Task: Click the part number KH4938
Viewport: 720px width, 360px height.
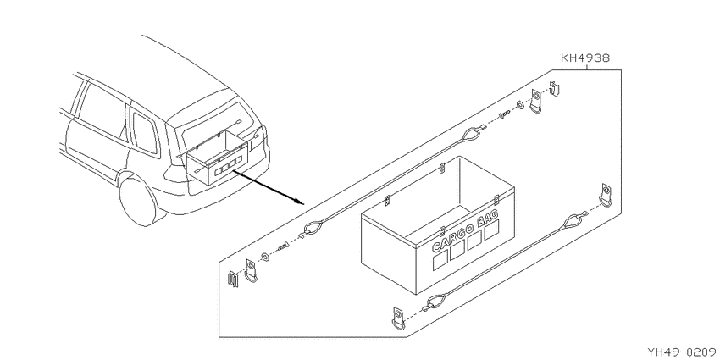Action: [585, 58]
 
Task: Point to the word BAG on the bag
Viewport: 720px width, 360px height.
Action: [488, 219]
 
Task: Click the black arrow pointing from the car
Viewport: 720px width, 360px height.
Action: [268, 187]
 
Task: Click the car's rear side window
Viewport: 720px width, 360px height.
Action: [145, 133]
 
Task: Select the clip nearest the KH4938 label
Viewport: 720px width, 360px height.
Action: [555, 89]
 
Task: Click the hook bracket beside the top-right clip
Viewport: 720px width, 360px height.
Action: [536, 101]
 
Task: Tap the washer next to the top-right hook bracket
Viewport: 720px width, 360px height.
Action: [520, 105]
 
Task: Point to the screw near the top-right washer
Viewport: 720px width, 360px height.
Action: [505, 113]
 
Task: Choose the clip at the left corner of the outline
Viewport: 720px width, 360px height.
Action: [233, 279]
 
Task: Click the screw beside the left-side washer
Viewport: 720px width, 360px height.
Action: [282, 246]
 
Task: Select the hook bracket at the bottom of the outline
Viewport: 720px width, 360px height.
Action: [398, 318]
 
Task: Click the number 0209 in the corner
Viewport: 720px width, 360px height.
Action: [701, 352]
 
